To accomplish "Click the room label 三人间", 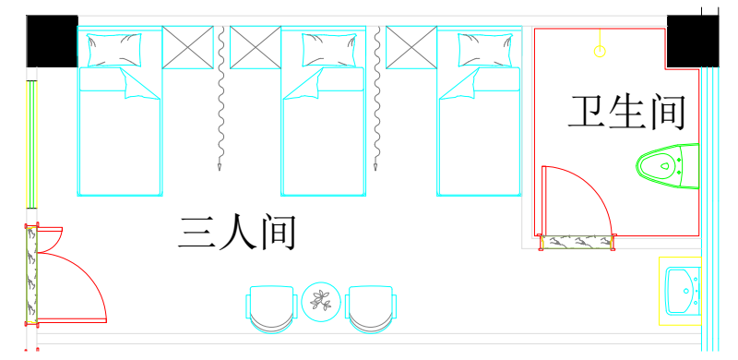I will (x=237, y=233).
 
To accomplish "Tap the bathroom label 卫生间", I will (x=626, y=113).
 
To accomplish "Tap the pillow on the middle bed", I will (x=317, y=48).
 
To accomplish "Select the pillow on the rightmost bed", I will (x=475, y=48).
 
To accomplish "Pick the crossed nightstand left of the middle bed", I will (x=255, y=47).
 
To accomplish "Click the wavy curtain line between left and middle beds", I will (x=221, y=102).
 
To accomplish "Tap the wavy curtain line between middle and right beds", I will (x=378, y=102).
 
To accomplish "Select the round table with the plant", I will (x=322, y=300).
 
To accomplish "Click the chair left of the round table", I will (x=271, y=308).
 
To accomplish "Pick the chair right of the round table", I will (x=372, y=308).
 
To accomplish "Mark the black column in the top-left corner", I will (x=51, y=42).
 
